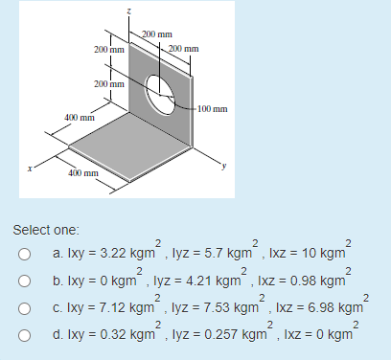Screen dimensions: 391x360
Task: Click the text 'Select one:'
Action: point(47,231)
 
